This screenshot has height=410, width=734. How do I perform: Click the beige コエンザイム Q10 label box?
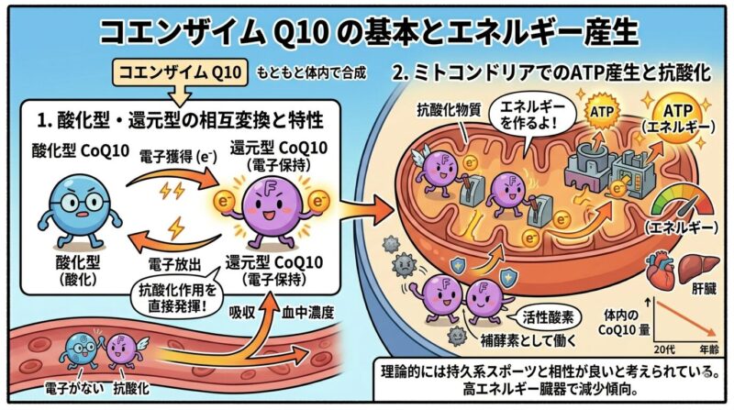point(181,73)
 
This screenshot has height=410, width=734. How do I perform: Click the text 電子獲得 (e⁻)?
point(178,158)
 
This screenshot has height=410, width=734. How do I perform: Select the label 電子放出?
point(174,265)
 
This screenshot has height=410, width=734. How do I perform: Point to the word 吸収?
point(241,313)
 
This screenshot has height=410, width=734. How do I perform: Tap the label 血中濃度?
point(307,313)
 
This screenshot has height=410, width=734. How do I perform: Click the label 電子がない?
point(73,389)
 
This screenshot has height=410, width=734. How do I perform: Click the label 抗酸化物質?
point(443,109)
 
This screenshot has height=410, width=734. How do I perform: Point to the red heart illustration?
point(660,271)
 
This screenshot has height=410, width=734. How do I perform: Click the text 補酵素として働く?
point(528,340)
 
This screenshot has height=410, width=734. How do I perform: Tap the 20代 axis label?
point(664,349)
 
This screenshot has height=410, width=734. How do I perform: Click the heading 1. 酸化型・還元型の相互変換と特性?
point(180,121)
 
